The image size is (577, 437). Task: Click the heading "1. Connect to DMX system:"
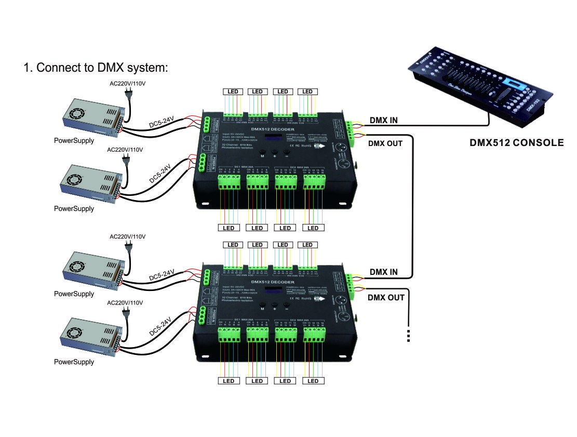coord(96,68)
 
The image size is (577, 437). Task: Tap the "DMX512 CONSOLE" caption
coord(516,142)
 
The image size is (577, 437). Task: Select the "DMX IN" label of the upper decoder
coord(383,121)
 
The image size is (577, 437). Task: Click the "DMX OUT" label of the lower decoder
coord(386,298)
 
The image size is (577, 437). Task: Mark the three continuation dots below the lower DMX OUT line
coord(409,336)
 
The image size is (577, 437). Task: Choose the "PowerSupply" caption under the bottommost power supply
coord(74,362)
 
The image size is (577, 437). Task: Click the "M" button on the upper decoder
coord(263,155)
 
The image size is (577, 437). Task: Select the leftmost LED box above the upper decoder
coord(233,92)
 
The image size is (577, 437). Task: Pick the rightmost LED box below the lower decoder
coord(313,381)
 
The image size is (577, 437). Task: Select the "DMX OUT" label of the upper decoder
coord(385,143)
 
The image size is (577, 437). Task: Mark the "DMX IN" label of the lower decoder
coord(383,272)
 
